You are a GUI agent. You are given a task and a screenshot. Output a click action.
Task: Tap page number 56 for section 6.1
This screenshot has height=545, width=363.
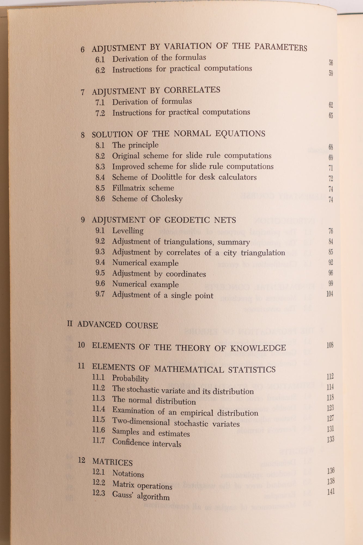331,63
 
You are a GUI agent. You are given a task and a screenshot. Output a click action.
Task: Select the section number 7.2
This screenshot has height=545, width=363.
100,113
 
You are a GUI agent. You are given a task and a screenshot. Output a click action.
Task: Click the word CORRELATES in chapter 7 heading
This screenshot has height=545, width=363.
192,90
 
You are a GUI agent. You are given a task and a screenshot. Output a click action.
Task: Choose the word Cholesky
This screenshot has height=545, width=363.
167,199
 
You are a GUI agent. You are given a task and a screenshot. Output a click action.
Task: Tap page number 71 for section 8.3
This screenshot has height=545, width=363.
331,168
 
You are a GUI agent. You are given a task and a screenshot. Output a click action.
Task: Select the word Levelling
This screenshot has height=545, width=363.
128,231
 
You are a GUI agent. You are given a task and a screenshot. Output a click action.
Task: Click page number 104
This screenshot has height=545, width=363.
330,294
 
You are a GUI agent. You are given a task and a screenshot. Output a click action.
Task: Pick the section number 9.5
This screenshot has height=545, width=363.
100,273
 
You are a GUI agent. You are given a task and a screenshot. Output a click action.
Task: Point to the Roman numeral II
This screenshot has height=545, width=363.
70,324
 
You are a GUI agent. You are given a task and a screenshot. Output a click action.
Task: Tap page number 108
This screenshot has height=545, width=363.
330,345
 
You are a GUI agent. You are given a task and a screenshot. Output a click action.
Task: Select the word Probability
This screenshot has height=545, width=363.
130,379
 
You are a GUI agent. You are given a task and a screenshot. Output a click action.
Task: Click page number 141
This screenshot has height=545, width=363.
331,492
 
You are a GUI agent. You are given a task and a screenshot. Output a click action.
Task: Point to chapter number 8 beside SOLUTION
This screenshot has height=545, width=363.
83,135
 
